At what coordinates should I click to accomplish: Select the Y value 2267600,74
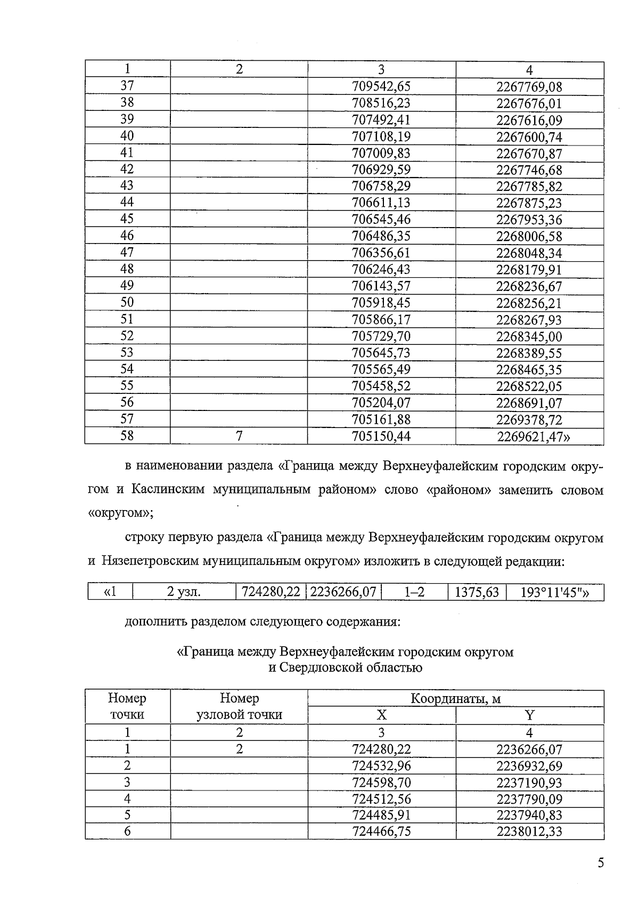529,137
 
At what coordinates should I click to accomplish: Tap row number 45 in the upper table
127,219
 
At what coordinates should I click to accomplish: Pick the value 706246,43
381,269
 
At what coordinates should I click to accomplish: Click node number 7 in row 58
239,436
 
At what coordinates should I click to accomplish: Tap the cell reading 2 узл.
184,592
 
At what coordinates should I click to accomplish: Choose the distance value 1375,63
477,592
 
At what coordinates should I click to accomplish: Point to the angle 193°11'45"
554,592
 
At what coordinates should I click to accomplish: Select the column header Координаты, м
455,698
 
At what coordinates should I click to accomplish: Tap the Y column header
529,715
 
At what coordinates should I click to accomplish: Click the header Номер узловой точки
239,706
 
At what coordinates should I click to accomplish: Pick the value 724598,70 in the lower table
381,782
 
